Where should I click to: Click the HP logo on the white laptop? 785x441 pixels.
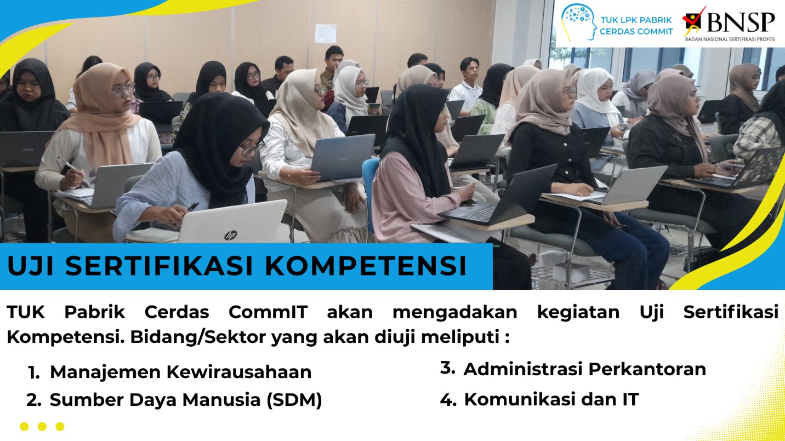click(x=230, y=236)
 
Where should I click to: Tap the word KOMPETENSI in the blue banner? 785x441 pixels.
click(x=366, y=266)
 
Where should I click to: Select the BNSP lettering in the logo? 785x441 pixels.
click(x=741, y=22)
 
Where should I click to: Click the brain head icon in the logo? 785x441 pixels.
click(x=578, y=22)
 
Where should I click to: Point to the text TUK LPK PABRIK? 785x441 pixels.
click(x=636, y=20)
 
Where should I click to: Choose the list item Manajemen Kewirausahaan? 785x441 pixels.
click(x=180, y=372)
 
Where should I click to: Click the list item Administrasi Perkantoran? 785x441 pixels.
click(x=584, y=369)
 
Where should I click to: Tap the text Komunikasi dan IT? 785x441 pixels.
click(x=551, y=399)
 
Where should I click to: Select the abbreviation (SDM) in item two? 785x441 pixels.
click(x=294, y=400)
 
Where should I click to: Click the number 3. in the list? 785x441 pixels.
click(x=447, y=368)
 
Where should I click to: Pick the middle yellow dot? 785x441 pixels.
click(x=42, y=426)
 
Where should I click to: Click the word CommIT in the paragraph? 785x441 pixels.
click(x=268, y=312)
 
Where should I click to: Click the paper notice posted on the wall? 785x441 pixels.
click(x=326, y=33)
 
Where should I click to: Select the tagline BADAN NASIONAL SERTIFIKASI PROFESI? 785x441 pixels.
click(x=730, y=39)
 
